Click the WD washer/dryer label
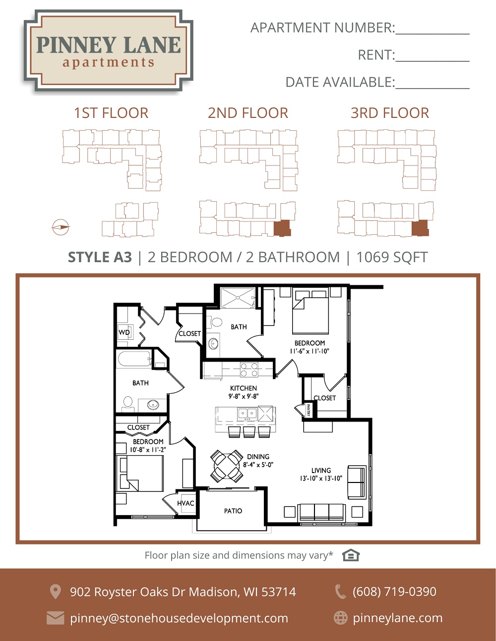(x=124, y=332)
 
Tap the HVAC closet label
(x=186, y=503)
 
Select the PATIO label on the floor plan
(x=233, y=511)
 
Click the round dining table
(x=227, y=466)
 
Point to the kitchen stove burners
(x=249, y=370)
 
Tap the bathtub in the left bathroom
(x=134, y=359)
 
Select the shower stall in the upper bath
(x=238, y=298)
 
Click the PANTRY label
(x=308, y=410)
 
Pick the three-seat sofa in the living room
(x=322, y=513)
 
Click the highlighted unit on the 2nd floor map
(x=282, y=228)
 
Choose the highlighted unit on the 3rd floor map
(x=420, y=228)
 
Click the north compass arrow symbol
(x=61, y=227)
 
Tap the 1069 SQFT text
(x=392, y=257)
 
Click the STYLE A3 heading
(x=100, y=257)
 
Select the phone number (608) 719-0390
(x=394, y=591)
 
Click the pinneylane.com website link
(x=398, y=618)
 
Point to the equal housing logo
(x=351, y=555)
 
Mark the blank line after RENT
(x=433, y=61)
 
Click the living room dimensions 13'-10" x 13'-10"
(x=321, y=478)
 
